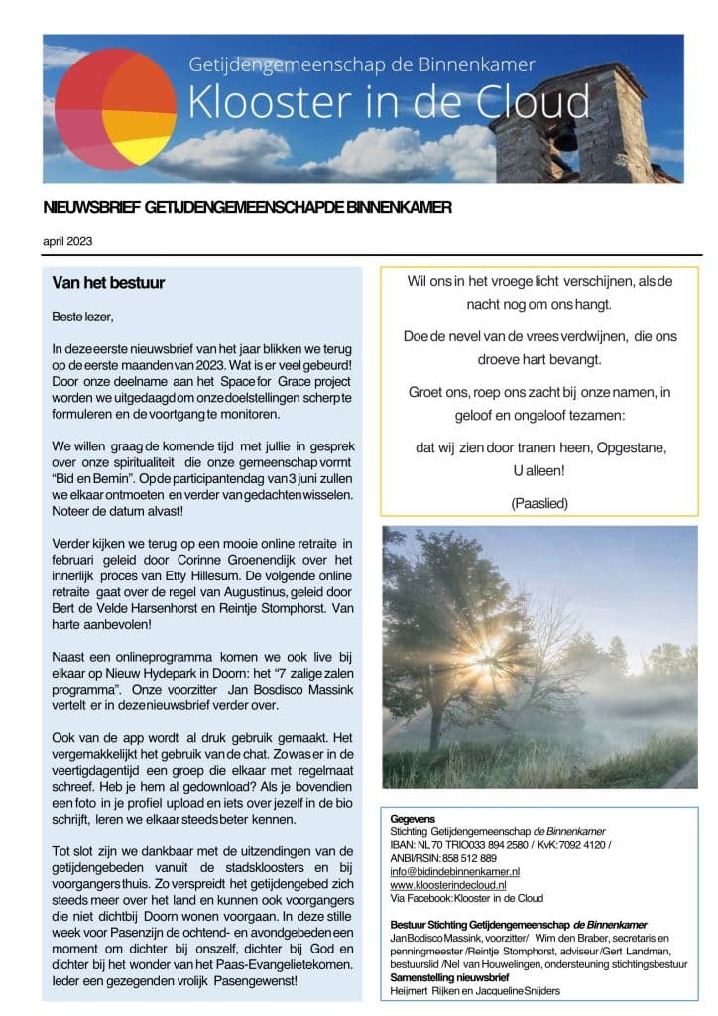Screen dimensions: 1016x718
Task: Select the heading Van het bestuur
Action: tap(108, 283)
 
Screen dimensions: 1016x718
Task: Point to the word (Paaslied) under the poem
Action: tap(539, 504)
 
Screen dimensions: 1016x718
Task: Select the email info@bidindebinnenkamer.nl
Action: tap(455, 870)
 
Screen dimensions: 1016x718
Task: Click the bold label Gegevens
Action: tap(415, 818)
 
